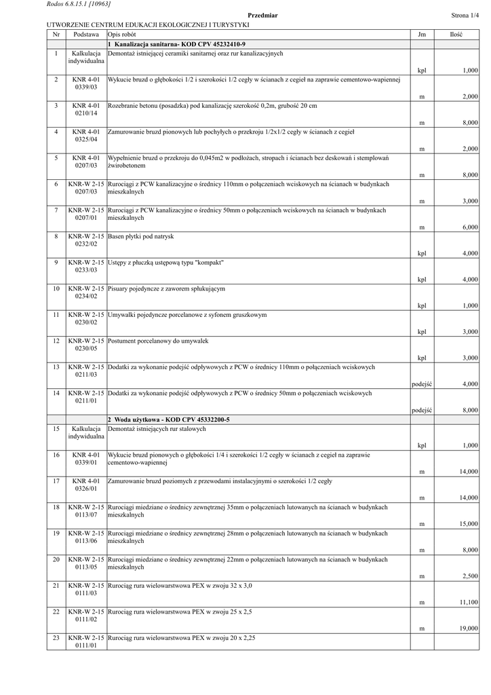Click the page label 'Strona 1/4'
click(465, 15)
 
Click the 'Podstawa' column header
click(86, 34)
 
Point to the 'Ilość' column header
click(456, 34)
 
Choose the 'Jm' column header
click(422, 34)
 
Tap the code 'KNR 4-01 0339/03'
click(86, 83)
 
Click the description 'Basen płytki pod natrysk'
click(141, 236)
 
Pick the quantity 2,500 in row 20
click(469, 576)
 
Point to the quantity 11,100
click(468, 602)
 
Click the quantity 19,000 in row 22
click(468, 628)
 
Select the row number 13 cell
click(56, 367)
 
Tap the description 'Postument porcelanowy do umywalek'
click(158, 341)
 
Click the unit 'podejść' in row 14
click(422, 411)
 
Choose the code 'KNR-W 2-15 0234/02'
click(86, 293)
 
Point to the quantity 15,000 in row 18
click(468, 524)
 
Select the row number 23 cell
click(56, 638)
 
